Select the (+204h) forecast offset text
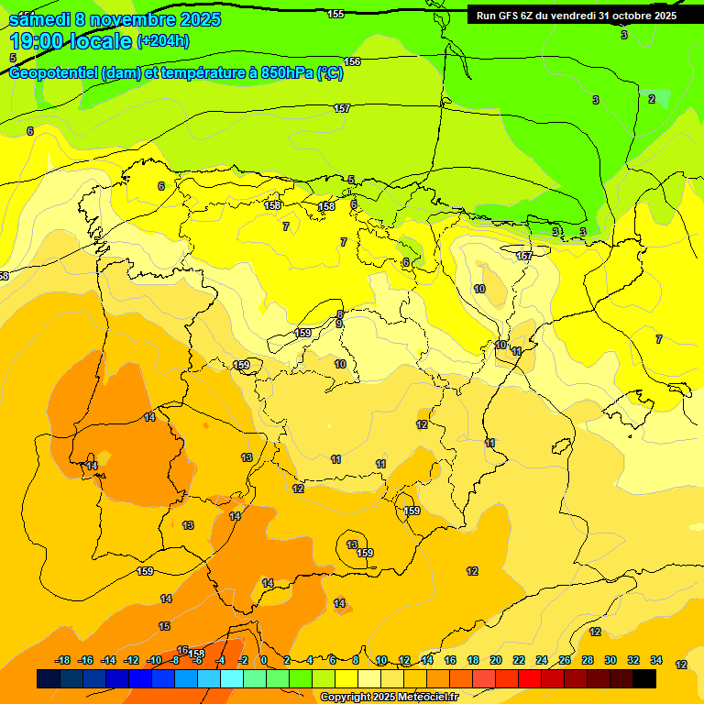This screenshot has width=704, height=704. [x=163, y=41]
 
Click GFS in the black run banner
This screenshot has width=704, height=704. [x=519, y=16]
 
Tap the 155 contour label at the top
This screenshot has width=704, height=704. [x=335, y=14]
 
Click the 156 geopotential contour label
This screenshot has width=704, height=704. [x=352, y=61]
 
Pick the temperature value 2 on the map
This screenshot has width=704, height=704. [x=652, y=99]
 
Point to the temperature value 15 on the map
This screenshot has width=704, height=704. [x=164, y=626]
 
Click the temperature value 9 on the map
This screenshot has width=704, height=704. [x=339, y=324]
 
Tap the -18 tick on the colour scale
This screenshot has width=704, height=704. [x=62, y=661]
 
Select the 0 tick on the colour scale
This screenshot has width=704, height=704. [x=264, y=661]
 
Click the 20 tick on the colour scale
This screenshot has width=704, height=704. [x=495, y=661]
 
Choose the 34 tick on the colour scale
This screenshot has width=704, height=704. [x=656, y=661]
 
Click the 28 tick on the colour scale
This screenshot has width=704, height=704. [x=588, y=661]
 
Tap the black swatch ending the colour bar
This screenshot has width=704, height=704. [x=644, y=679]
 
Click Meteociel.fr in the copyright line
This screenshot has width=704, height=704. [x=423, y=698]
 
